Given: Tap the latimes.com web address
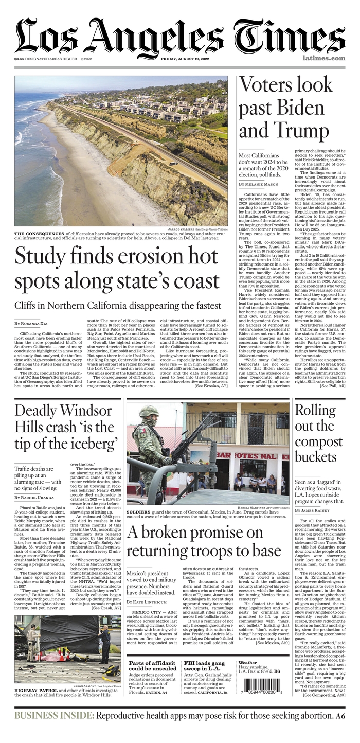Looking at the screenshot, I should point(323,59).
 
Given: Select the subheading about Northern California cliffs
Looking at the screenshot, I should point(118,305).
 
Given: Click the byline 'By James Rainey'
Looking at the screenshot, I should point(315,510).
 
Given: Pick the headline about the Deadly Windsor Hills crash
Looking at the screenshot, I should point(64,427).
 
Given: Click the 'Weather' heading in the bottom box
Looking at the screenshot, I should point(248,663).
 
